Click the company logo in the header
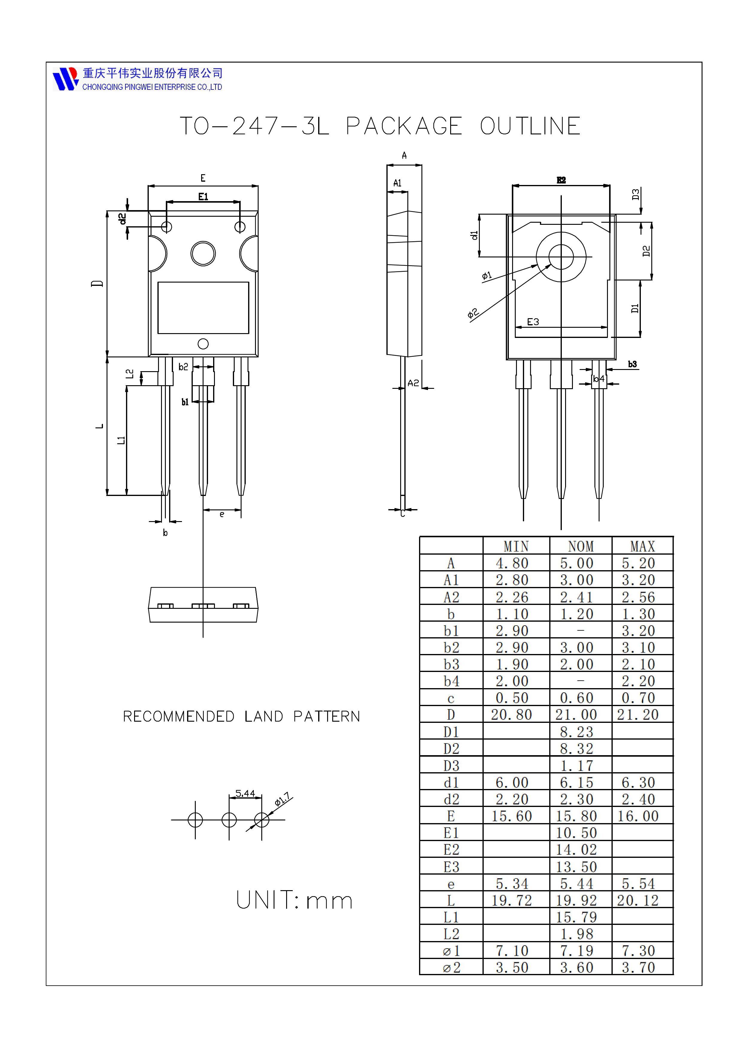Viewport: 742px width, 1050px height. [65, 79]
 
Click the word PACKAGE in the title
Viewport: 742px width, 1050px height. [404, 126]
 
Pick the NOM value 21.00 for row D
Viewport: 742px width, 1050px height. [576, 715]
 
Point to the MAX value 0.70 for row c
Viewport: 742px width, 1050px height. [638, 698]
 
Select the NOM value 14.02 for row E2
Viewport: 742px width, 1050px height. [576, 850]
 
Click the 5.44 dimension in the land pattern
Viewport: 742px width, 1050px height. [245, 793]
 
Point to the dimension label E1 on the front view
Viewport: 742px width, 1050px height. [203, 197]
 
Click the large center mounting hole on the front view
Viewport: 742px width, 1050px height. [203, 253]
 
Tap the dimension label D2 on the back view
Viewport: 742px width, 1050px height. [646, 251]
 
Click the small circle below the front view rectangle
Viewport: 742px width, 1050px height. [203, 344]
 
